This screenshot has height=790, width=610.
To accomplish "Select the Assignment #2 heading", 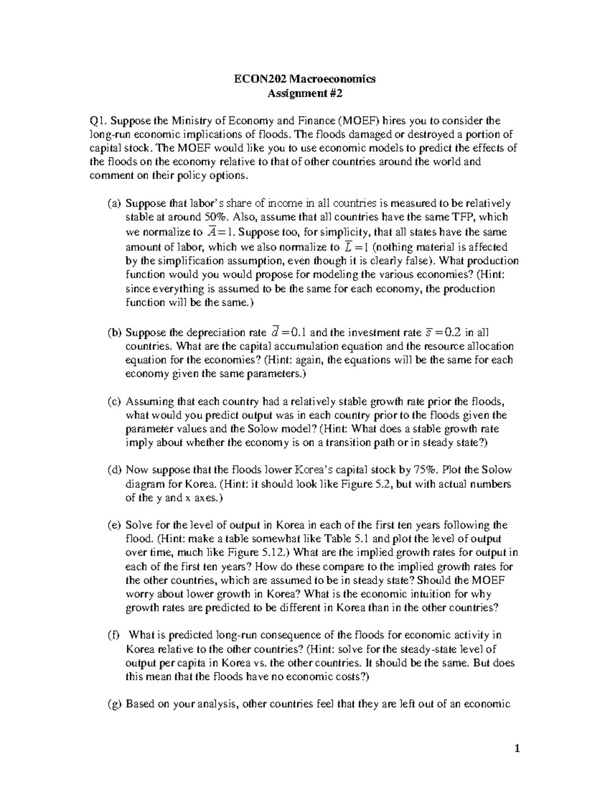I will point(305,93).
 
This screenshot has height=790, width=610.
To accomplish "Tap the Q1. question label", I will point(98,121).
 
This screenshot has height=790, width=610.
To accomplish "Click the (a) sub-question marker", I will point(114,203).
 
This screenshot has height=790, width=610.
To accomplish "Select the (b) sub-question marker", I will point(114,333).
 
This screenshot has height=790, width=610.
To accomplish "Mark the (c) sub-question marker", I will point(114,401).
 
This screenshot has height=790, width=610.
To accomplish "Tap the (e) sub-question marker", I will point(114,525).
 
